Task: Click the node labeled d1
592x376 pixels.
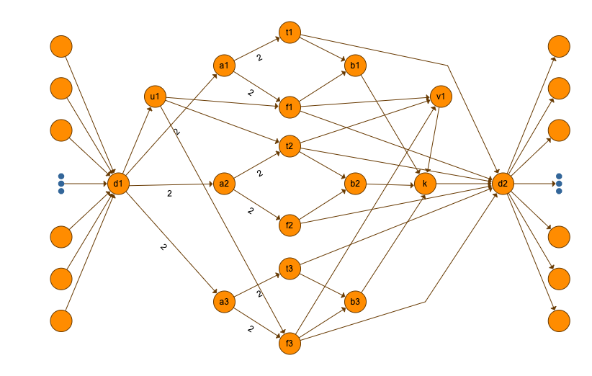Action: pyautogui.click(x=119, y=184)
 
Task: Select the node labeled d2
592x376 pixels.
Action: pyautogui.click(x=502, y=184)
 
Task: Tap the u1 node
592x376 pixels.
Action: pyautogui.click(x=155, y=97)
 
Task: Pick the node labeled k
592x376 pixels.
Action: pyautogui.click(x=425, y=184)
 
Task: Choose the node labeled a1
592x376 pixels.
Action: pyautogui.click(x=224, y=66)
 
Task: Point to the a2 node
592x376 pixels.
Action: pyautogui.click(x=224, y=184)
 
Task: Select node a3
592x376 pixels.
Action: pyautogui.click(x=224, y=301)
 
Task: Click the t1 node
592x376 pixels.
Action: pyautogui.click(x=290, y=32)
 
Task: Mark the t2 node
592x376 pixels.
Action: pyautogui.click(x=290, y=146)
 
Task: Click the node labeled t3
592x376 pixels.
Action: pyautogui.click(x=290, y=269)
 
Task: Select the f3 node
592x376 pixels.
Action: pyautogui.click(x=290, y=344)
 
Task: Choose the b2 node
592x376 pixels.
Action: pyautogui.click(x=355, y=184)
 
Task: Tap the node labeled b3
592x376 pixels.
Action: pyautogui.click(x=355, y=301)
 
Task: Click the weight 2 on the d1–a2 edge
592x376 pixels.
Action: pyautogui.click(x=169, y=194)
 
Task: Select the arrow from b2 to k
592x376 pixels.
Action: pyautogui.click(x=390, y=184)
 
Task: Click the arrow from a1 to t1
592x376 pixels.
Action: pyautogui.click(x=256, y=50)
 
